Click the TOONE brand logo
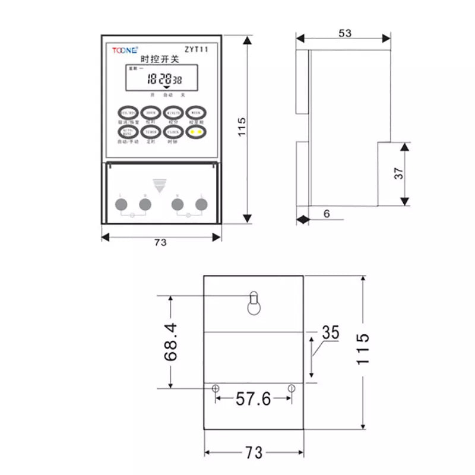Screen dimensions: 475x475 [x=124, y=50]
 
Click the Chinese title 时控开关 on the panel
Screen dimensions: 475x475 [x=159, y=60]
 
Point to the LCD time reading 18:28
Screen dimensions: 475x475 [x=159, y=78]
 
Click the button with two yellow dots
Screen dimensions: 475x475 [x=197, y=132]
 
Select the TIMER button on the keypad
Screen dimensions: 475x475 [x=151, y=132]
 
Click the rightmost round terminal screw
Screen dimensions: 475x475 [x=202, y=205]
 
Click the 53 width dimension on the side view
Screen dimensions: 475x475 [x=344, y=33]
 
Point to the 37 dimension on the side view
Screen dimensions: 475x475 [x=399, y=173]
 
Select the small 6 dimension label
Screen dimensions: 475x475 [x=327, y=215]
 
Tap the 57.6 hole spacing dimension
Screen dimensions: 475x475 [x=253, y=398]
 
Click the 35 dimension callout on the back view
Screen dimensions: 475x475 [x=330, y=332]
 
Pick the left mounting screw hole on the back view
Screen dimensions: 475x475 [x=216, y=388]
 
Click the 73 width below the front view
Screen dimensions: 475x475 [x=160, y=242]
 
